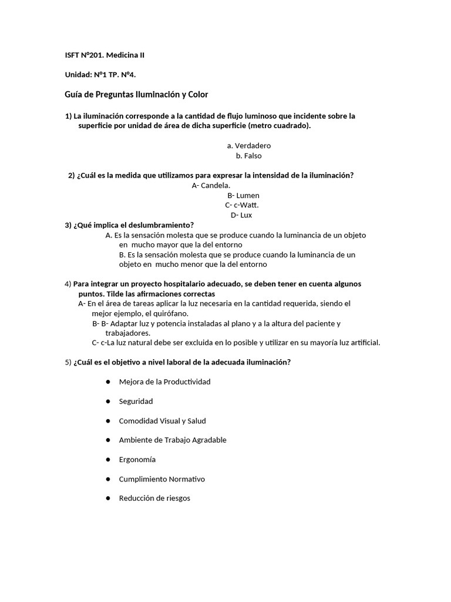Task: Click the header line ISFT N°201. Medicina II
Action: coord(104,55)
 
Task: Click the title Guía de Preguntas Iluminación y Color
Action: coord(136,94)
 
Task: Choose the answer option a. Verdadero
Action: coord(249,146)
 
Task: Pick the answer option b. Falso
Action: coord(249,156)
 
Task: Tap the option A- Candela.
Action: coord(211,185)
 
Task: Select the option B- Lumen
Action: coord(243,195)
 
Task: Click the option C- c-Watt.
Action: coord(241,205)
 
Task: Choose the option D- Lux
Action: coord(241,215)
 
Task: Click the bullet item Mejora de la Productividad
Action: coord(164,382)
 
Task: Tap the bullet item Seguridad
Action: coord(136,401)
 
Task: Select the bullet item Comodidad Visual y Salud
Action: coord(162,421)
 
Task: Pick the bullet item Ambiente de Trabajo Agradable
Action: coord(172,440)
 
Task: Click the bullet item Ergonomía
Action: coord(137,460)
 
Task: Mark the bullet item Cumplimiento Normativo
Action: coord(161,479)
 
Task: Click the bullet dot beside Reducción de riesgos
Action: coord(109,498)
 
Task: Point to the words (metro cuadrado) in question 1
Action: coord(279,126)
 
